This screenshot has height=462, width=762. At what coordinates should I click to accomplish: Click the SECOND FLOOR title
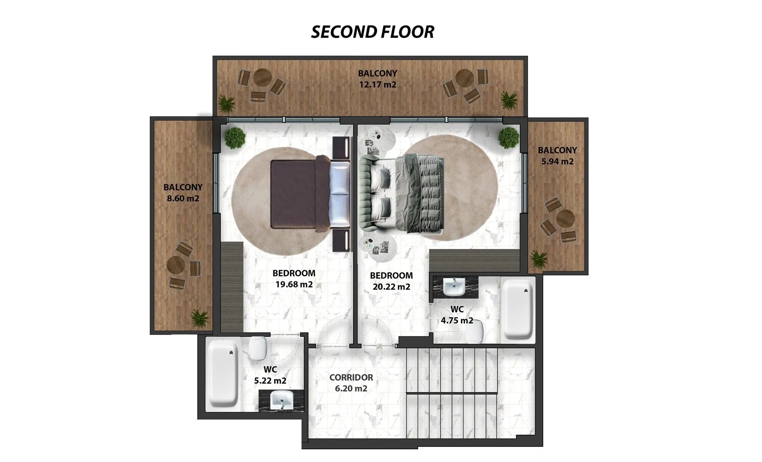point(372,32)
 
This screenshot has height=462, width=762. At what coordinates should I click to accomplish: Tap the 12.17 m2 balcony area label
point(377,85)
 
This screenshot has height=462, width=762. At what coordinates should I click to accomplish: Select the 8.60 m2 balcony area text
point(183,198)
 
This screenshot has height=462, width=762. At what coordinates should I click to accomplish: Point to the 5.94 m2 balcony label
point(557,161)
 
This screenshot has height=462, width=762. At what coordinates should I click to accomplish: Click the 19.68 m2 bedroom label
point(294,284)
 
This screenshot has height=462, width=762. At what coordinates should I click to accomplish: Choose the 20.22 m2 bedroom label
point(391,286)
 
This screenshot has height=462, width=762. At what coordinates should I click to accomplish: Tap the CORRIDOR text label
point(351,377)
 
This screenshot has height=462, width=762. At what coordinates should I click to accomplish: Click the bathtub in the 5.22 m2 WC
point(223,373)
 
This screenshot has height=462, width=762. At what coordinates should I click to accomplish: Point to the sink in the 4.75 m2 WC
point(455,287)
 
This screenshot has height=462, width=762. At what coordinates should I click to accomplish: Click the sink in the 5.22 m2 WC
point(282,400)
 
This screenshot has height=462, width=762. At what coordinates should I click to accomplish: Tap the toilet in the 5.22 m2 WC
point(257,348)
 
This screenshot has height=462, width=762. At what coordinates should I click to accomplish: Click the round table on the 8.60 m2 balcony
point(176,265)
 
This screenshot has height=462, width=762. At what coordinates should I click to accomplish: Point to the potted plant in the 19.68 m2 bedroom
point(234,138)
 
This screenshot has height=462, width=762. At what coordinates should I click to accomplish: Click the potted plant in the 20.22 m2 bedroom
point(509,138)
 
